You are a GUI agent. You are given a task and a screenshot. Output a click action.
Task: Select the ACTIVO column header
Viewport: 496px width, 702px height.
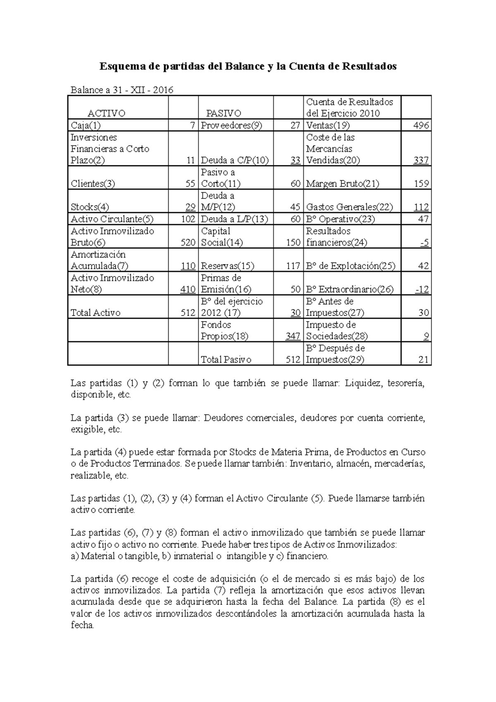coord(106,113)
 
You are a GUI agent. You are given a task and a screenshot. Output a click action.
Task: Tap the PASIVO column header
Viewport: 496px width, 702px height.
coord(224,113)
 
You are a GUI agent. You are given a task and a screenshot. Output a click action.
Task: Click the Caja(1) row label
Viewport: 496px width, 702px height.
coord(86,125)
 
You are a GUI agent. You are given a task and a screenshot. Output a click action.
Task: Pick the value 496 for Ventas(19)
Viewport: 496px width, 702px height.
coord(421,125)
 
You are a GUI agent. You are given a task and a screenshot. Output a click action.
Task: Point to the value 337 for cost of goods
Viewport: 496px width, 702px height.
coord(421,160)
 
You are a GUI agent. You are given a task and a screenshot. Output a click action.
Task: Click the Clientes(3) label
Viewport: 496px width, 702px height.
coord(93,184)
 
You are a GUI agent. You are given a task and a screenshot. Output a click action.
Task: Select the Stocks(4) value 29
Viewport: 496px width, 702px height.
coord(190,207)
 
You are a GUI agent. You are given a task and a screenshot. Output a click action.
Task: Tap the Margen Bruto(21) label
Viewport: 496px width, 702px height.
coord(343,184)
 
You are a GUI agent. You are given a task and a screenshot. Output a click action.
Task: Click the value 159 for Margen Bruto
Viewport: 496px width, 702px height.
coord(421,184)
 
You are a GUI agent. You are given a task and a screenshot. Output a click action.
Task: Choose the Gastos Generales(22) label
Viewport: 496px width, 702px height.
coord(349,207)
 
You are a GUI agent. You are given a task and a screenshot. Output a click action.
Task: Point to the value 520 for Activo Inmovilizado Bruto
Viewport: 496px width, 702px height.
coord(188,242)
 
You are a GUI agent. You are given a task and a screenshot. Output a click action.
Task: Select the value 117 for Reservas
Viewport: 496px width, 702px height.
coord(293,266)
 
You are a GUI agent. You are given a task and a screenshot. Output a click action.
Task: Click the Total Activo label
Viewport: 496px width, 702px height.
coord(95,313)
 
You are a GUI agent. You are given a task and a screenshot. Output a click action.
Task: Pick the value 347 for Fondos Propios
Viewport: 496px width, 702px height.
coord(293,336)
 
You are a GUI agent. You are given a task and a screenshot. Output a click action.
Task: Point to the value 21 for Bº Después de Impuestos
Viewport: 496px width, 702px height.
coord(423,360)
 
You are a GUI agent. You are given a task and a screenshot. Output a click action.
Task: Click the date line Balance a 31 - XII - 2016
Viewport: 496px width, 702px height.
coord(122,90)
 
